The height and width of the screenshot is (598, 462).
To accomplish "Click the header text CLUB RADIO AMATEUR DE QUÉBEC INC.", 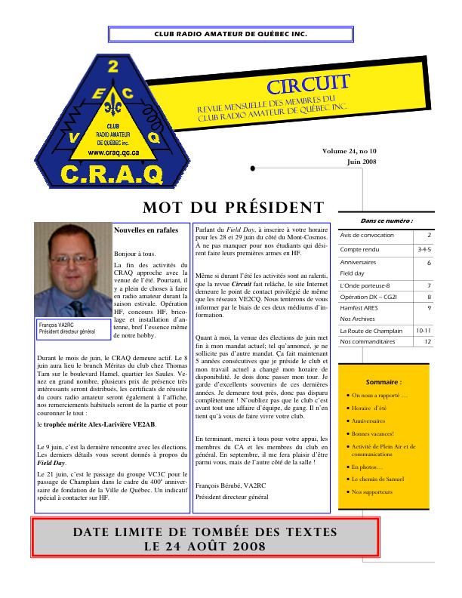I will coord(230,35).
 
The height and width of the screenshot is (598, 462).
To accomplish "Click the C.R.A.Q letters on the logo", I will coord(122,175).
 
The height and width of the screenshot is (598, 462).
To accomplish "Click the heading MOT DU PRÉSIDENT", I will coord(233,208).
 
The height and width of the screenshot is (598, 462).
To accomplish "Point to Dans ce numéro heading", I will coord(387,220).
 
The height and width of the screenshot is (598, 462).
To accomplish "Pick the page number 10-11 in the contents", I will coord(423,331).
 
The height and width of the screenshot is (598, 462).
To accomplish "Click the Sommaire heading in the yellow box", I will coord(383,382).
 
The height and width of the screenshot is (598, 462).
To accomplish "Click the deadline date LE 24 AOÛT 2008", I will coord(205,546).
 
